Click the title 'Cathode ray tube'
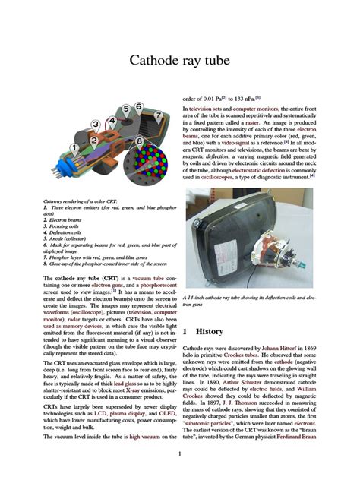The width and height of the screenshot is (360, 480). pos(179,60)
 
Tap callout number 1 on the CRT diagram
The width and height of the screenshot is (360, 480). pos(73,147)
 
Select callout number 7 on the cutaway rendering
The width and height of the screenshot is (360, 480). pos(158,115)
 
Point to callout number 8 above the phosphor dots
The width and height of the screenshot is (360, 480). pos(141,141)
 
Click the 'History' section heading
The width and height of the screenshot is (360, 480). pos(209,332)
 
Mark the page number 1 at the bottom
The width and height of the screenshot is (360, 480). pos(179,455)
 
